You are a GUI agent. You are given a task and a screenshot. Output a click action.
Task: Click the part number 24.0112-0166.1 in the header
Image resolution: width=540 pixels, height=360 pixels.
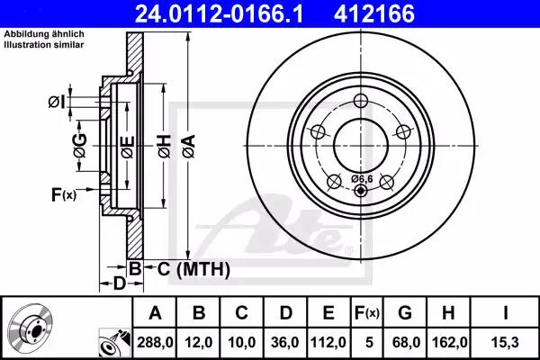click(x=219, y=13)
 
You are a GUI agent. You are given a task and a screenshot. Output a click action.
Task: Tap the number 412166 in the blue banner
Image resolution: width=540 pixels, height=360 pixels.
click(x=374, y=13)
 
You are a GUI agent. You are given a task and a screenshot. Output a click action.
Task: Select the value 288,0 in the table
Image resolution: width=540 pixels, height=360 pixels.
click(x=155, y=342)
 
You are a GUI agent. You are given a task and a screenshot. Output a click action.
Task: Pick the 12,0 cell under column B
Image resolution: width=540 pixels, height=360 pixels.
click(x=199, y=342)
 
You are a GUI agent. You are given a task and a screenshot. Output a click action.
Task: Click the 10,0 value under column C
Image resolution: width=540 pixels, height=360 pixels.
click(x=242, y=342)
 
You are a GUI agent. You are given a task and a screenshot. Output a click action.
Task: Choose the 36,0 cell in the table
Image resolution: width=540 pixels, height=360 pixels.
click(x=285, y=342)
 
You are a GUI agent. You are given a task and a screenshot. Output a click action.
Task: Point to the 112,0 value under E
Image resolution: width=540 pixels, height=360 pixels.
click(x=328, y=342)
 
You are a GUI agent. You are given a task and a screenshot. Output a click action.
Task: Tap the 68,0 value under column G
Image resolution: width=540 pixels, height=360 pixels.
click(x=406, y=342)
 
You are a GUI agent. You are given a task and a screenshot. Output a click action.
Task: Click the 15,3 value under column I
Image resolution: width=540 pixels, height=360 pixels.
click(x=506, y=342)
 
